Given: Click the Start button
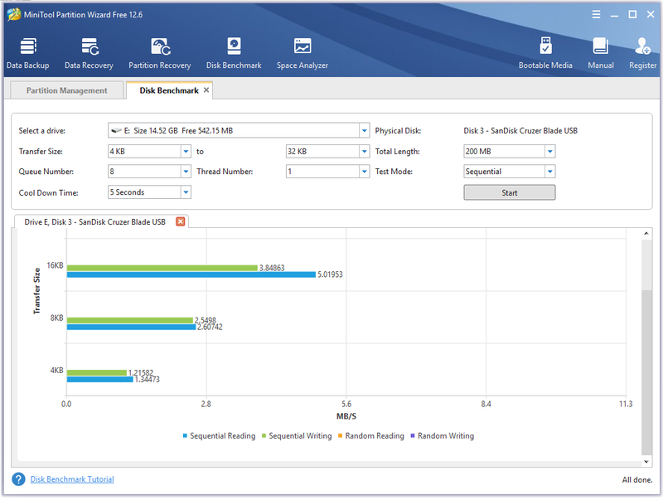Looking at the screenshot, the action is [509, 192].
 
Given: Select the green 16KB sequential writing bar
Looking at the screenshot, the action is [162, 268].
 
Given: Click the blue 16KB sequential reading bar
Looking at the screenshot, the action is [191, 274].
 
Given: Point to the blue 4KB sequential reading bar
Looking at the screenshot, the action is [99, 380].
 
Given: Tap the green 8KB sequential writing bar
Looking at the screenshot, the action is [130, 320].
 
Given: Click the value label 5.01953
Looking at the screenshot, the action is [330, 274].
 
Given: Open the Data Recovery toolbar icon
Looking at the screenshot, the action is [90, 46].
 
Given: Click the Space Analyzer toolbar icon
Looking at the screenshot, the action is [302, 46].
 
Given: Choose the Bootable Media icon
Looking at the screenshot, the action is [545, 46].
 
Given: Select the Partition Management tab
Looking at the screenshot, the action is [67, 90].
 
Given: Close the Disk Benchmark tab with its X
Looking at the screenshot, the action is [206, 90].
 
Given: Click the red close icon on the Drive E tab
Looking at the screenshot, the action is [180, 221].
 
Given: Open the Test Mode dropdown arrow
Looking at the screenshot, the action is [549, 172].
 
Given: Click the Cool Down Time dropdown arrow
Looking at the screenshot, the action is [186, 192].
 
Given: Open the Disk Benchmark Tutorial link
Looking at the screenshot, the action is [72, 478].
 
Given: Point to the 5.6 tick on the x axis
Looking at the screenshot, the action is [346, 404].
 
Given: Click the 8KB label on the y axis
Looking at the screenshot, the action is [56, 318].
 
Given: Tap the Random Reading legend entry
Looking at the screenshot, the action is [370, 435].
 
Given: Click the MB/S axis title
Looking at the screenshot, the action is [346, 416].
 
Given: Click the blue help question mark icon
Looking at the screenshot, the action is [18, 478].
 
